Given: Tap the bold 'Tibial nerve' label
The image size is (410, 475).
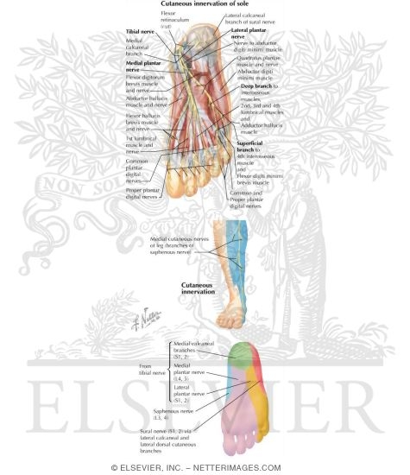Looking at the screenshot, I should tap(140, 31).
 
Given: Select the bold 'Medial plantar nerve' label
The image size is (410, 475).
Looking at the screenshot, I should tap(139, 66).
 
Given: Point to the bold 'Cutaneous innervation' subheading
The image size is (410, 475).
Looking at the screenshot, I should tap(204, 288).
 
